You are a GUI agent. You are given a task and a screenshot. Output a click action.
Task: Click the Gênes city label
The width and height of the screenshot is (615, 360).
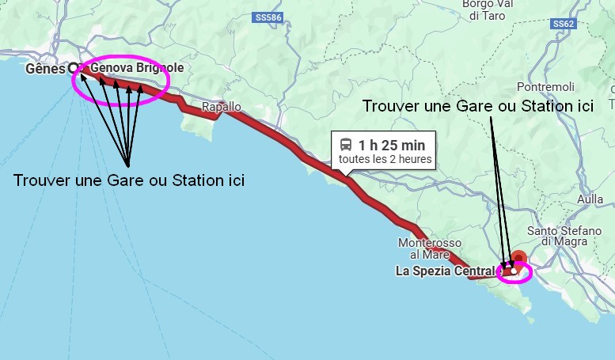[x=45, y=69]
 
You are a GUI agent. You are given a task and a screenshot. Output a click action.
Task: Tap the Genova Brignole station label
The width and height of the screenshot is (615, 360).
[x=137, y=69]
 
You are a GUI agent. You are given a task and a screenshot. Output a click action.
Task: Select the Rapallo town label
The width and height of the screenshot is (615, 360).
[x=221, y=107]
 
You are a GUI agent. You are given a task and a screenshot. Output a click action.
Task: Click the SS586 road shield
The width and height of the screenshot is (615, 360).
[x=268, y=16]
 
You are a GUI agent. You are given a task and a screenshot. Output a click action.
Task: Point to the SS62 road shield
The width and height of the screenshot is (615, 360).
[x=563, y=24]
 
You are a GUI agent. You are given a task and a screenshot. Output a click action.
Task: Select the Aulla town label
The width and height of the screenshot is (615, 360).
[x=590, y=199]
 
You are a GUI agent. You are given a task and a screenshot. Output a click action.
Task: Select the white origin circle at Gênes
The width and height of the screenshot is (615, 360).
[x=74, y=68]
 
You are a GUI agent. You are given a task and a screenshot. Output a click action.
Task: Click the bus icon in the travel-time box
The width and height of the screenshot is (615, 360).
[x=346, y=145]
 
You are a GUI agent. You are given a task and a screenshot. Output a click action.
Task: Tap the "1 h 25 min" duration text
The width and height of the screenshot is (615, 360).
[x=391, y=145]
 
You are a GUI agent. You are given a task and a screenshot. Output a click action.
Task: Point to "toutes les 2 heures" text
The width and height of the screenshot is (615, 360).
[x=385, y=159]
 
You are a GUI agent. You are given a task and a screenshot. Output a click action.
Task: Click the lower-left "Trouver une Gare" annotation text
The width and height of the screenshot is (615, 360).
[x=129, y=180]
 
